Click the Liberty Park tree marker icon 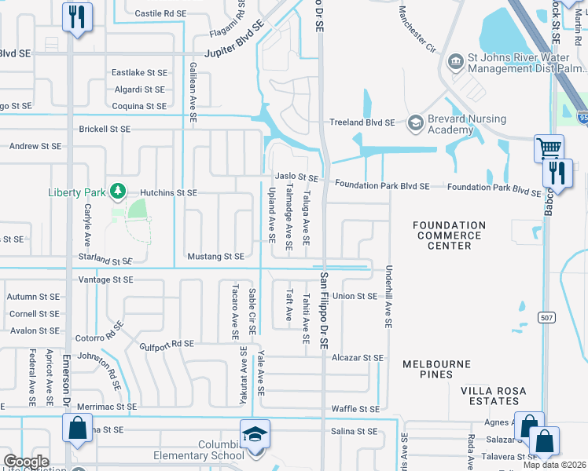coord(117,191)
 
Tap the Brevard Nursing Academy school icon coord(415,122)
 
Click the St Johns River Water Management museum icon coord(455,61)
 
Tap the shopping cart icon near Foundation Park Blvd coord(549,148)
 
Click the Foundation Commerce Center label coord(449,235)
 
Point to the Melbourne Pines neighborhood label coord(436,369)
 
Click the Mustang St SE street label coord(215,257)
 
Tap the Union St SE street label coord(355,296)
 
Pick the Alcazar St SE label coord(357,358)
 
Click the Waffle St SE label coord(355,409)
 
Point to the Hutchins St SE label coord(168,192)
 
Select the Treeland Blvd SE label coord(361,122)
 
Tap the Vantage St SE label coord(106,279)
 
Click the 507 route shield coord(548,317)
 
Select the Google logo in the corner coord(26,462)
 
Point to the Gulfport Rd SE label coord(167,344)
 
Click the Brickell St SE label coord(104,129)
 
